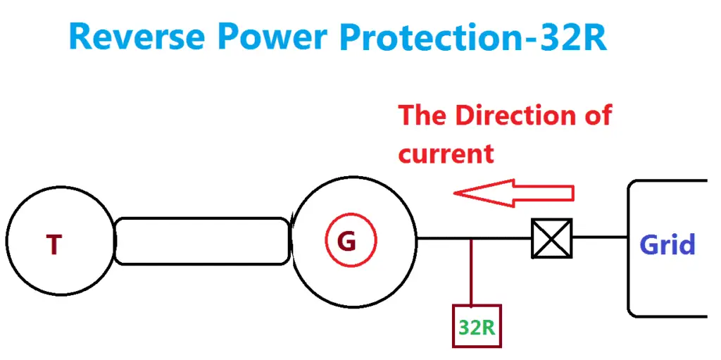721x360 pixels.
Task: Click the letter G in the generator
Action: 346,241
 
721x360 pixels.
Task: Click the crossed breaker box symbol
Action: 551,237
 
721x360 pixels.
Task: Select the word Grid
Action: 667,244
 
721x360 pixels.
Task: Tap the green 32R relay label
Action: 477,327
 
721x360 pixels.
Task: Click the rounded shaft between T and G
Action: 202,241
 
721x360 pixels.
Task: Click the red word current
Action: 446,153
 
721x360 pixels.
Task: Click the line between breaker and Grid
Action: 599,237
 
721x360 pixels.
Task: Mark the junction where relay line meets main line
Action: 471,238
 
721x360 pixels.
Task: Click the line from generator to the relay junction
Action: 444,238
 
